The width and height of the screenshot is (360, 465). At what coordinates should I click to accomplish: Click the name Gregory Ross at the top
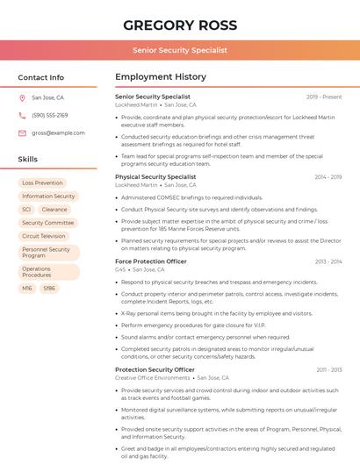tap(179, 25)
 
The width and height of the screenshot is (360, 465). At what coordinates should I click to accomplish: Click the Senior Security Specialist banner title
tap(179, 50)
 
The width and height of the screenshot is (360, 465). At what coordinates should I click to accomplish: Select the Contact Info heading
tap(41, 77)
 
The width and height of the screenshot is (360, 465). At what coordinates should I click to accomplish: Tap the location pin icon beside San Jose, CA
tap(22, 98)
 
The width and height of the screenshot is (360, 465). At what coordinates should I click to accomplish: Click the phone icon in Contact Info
tap(22, 116)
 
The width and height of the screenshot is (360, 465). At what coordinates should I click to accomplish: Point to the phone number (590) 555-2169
tap(49, 116)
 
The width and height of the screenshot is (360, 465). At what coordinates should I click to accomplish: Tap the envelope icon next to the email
tap(22, 133)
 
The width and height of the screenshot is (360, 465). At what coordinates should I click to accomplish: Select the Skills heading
tap(28, 160)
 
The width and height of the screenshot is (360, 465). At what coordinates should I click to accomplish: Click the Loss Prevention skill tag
tap(42, 183)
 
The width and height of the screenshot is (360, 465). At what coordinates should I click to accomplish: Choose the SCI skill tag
tap(26, 210)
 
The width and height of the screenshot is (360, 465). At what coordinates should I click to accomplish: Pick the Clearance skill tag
tap(54, 210)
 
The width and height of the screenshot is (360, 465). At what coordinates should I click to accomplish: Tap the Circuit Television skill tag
tap(43, 236)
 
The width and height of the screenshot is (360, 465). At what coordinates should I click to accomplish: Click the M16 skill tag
tap(27, 288)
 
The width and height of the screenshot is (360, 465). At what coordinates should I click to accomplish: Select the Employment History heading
tap(161, 77)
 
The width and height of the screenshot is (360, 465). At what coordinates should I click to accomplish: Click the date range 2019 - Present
tap(324, 97)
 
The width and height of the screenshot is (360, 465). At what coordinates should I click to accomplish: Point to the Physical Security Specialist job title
tap(155, 177)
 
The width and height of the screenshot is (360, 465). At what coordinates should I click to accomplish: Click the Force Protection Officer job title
tap(151, 261)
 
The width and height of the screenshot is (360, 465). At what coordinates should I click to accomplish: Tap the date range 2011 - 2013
tap(328, 370)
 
